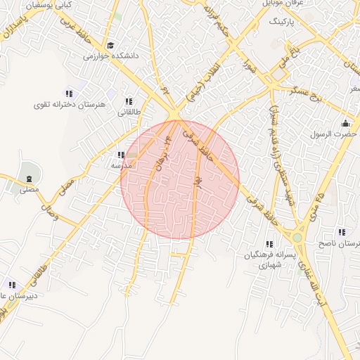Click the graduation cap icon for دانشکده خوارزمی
pos(110,46)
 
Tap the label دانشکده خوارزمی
pos(110,56)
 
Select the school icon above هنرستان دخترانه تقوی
pos(69,94)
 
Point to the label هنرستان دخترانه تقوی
pos(69,104)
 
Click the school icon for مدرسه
pos(121,155)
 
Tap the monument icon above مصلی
pos(29,176)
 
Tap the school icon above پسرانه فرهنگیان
pos(269,244)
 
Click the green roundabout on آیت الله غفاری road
pos(297,238)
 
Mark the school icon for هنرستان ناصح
pos(342,232)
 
